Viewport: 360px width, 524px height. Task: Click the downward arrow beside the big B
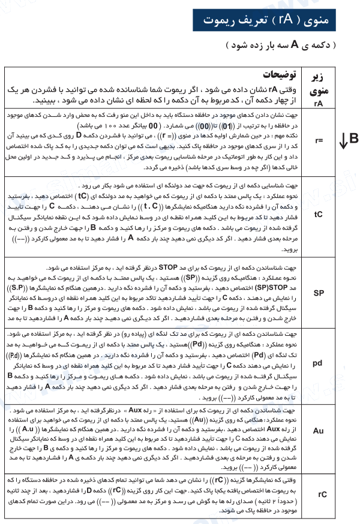(x=343, y=141)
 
